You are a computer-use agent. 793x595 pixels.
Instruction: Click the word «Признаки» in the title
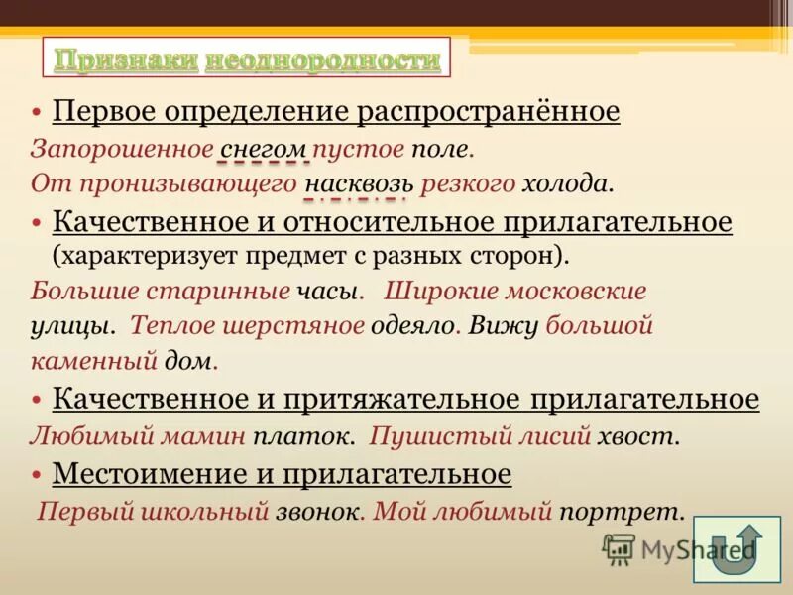tap(126, 60)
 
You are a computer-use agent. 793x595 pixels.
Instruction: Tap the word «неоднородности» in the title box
tap(322, 60)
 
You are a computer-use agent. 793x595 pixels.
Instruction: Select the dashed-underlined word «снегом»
tap(264, 149)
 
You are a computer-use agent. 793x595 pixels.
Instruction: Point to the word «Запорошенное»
tap(121, 149)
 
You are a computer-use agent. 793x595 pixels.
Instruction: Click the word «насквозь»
tap(361, 183)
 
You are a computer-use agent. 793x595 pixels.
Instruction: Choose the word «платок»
tap(315, 435)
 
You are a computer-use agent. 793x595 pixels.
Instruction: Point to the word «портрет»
tap(621, 512)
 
